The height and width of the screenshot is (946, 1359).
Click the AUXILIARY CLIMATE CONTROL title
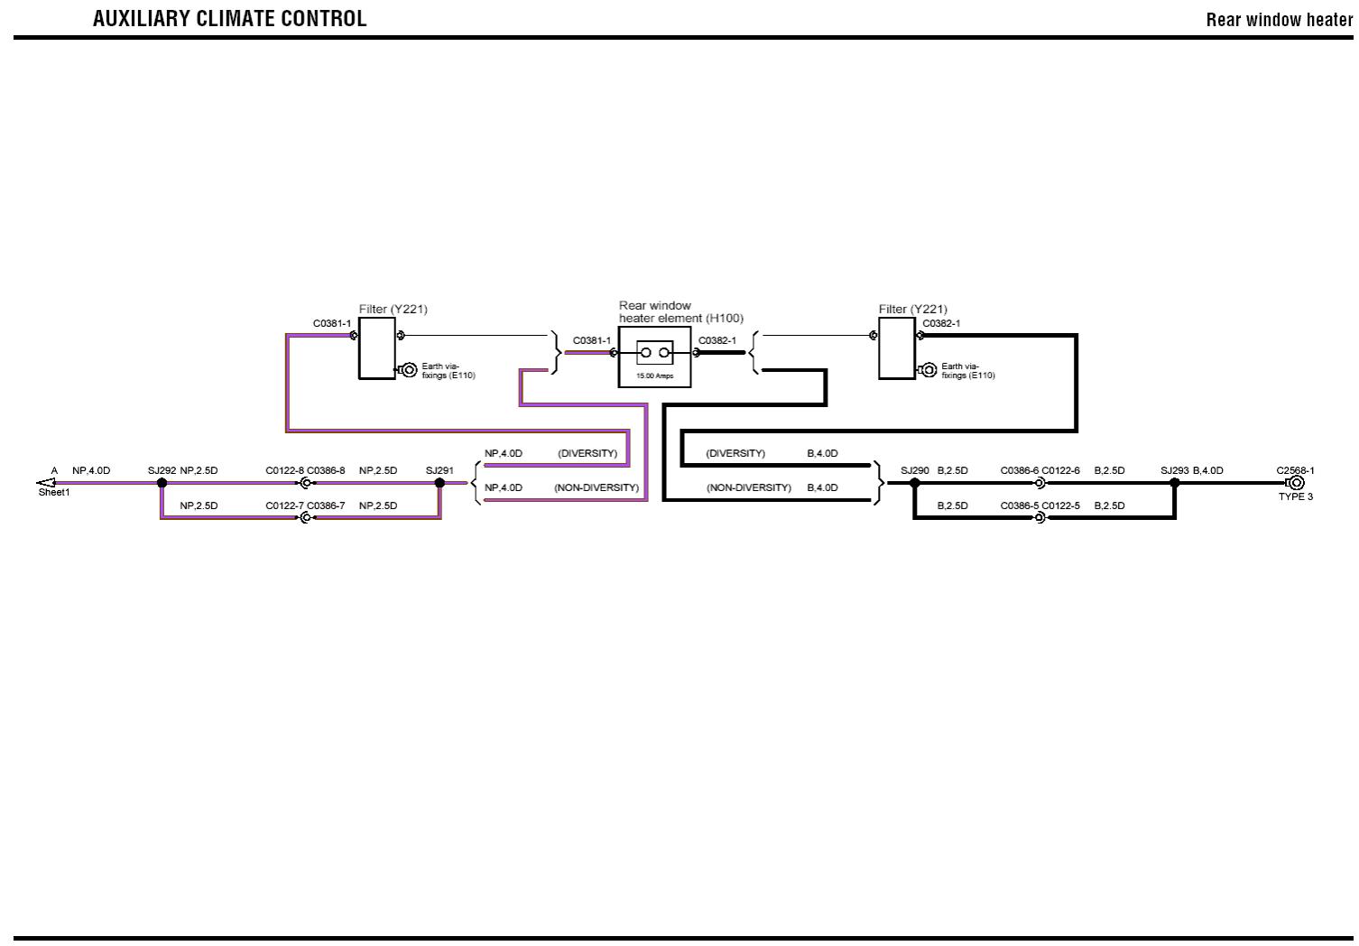(x=229, y=19)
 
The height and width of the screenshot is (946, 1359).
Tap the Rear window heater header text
(x=1279, y=20)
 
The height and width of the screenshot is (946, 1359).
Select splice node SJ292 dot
(x=162, y=483)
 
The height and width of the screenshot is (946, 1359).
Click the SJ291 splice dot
(x=439, y=483)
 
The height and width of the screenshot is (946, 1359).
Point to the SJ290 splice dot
(x=914, y=483)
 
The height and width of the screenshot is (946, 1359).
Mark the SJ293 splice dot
(x=1174, y=483)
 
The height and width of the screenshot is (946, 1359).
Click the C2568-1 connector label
(x=1295, y=470)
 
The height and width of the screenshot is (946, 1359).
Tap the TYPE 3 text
(x=1295, y=497)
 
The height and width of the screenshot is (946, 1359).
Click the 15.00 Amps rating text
(x=654, y=376)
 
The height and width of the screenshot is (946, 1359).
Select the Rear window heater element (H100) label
(x=680, y=312)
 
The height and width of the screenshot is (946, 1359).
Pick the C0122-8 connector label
(x=284, y=470)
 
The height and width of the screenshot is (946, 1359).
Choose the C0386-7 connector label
(x=326, y=505)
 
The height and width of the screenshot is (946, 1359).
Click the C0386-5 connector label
(x=1019, y=505)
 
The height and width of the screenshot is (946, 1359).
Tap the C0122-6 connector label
(x=1060, y=470)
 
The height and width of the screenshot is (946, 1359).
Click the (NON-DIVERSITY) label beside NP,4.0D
(x=596, y=487)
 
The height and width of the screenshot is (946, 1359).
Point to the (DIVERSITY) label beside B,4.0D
(x=735, y=453)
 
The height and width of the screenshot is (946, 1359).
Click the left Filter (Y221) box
(x=377, y=348)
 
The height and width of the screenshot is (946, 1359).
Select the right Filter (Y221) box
(x=896, y=348)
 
